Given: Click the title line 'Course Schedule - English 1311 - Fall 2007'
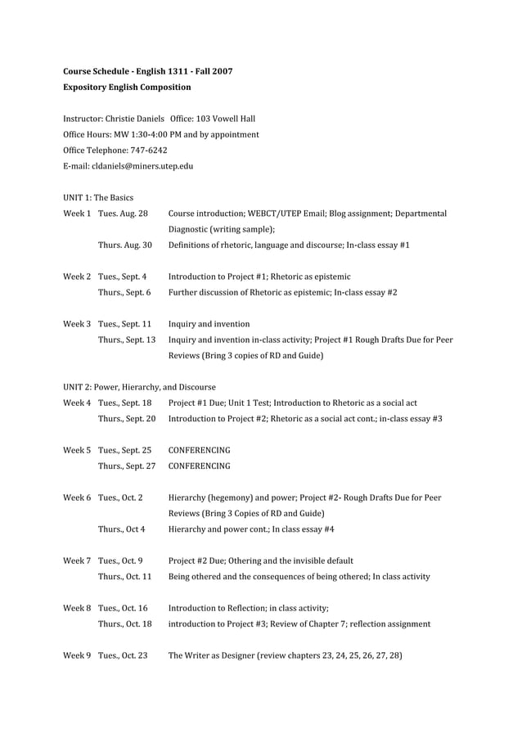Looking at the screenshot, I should [147, 71].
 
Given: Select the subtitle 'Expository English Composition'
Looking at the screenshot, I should [127, 87].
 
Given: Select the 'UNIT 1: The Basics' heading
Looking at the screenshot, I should [98, 197].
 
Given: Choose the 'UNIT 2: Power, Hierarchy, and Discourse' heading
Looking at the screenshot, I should [139, 386].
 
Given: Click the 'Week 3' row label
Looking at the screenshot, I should [77, 324].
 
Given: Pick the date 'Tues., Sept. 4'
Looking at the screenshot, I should [123, 277].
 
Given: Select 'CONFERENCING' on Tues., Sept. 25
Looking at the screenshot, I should [199, 450].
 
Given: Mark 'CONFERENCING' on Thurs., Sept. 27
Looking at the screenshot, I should [199, 466].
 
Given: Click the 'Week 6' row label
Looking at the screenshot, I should [77, 497].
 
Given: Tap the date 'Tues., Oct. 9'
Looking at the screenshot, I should [120, 560].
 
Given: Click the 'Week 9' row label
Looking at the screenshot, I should [77, 655].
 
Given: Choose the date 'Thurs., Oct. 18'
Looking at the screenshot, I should [124, 623].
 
